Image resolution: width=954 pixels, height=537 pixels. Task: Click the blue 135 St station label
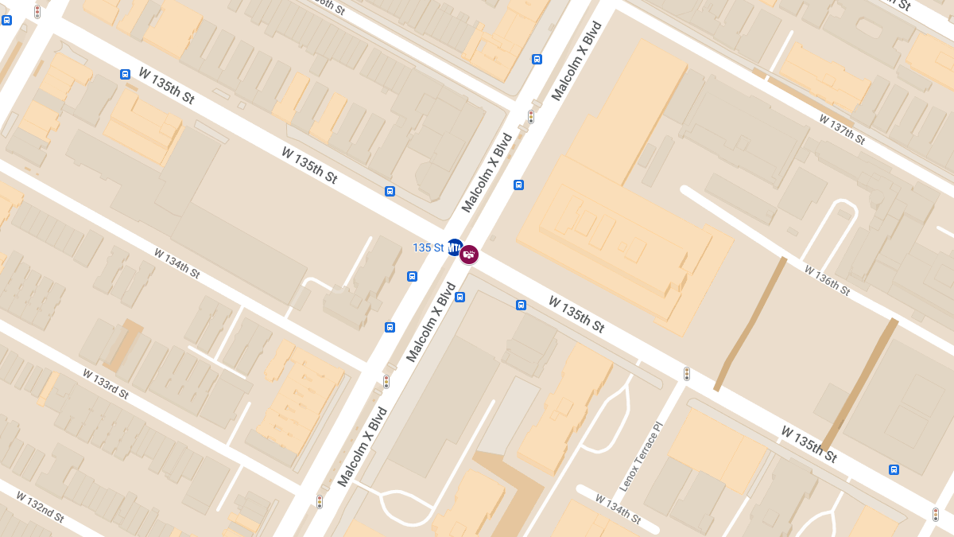tap(428, 247)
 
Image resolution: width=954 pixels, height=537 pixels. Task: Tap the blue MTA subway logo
tap(455, 248)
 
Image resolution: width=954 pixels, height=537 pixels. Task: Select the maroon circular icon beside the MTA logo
tap(469, 255)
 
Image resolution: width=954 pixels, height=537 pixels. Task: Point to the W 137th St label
tap(842, 129)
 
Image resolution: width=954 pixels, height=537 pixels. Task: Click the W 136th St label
tap(827, 280)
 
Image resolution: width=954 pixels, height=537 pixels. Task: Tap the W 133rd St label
tap(106, 383)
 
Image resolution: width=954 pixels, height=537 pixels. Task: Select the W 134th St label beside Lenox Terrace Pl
tap(619, 508)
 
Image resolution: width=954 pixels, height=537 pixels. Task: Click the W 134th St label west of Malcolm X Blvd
tap(176, 263)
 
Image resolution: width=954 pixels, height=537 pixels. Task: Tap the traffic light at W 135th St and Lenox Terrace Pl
tap(687, 373)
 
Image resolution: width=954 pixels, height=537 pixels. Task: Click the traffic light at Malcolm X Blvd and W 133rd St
tap(320, 501)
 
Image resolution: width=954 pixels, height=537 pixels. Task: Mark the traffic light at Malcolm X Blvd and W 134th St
tap(386, 382)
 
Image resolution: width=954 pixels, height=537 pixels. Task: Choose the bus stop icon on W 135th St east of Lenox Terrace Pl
tap(894, 469)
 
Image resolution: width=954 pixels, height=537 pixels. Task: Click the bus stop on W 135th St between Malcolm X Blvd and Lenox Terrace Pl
tap(521, 305)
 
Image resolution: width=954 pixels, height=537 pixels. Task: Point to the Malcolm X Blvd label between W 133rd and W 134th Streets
tap(362, 447)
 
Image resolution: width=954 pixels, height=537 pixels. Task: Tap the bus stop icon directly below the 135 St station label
tap(412, 276)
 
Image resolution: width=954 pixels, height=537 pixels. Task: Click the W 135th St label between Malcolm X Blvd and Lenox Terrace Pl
tap(576, 314)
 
